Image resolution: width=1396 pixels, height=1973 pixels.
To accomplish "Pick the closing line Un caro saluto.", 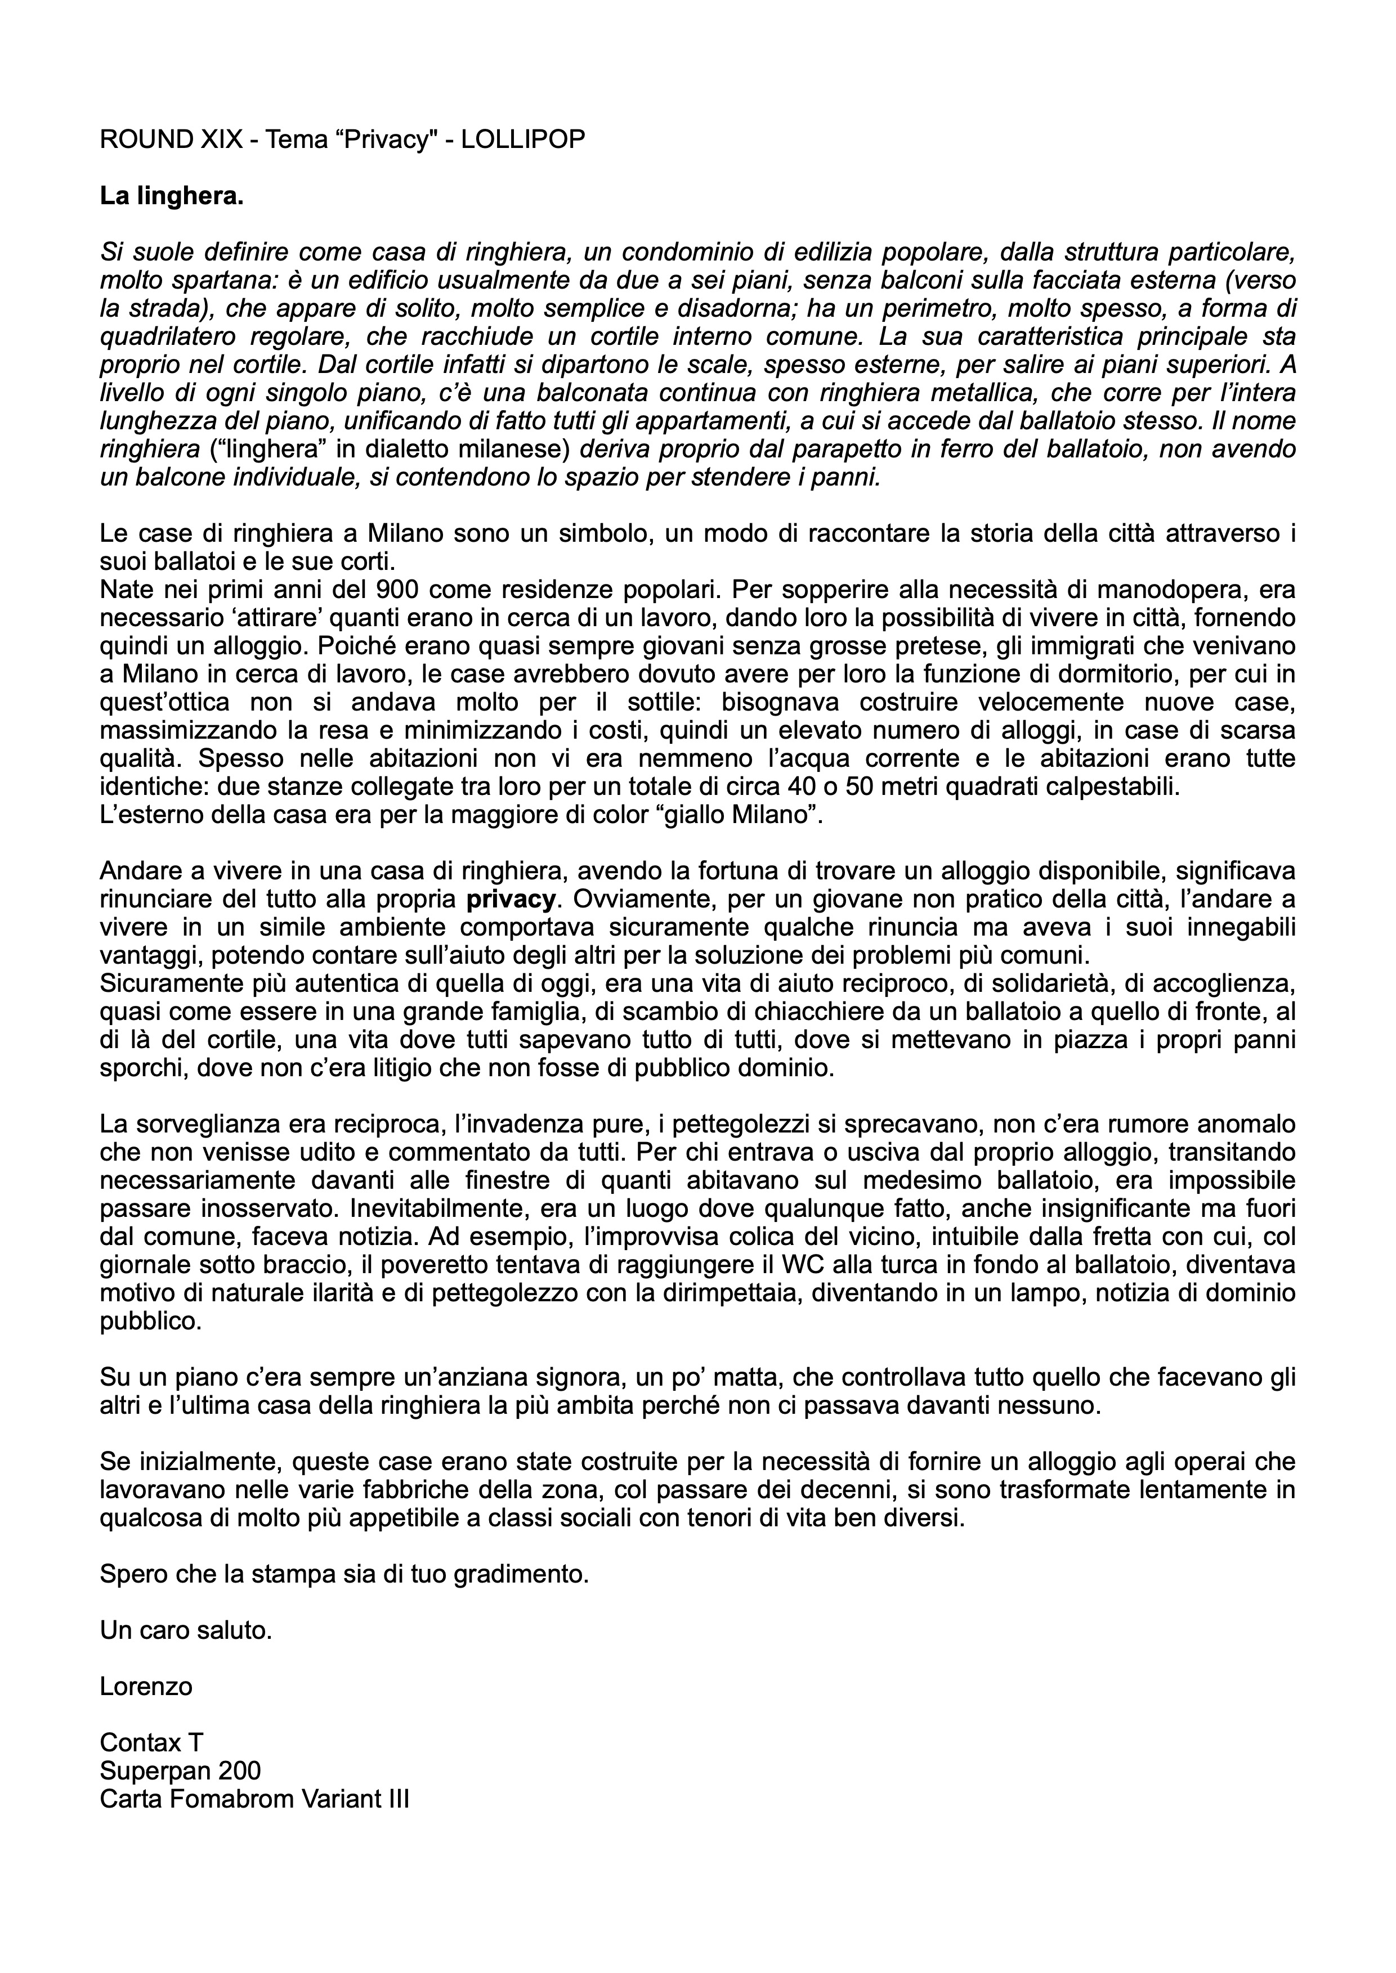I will coord(186,1630).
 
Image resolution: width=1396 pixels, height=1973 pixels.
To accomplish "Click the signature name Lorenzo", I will coord(146,1686).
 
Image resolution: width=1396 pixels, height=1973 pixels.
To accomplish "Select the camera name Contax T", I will coord(151,1742).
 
